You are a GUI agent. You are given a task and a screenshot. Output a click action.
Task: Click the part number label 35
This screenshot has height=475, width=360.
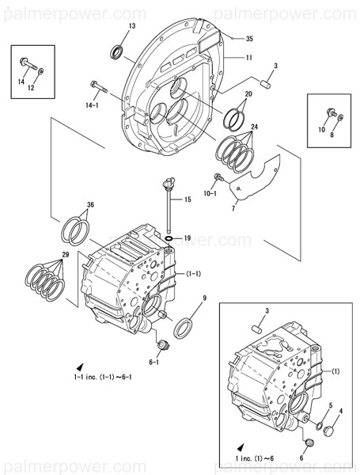click(249, 38)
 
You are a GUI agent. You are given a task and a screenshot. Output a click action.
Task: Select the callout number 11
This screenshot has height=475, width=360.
click(249, 58)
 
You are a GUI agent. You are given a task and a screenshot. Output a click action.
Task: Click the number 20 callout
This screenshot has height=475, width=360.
click(249, 94)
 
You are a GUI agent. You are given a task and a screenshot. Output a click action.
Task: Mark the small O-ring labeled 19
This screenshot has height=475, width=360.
click(169, 237)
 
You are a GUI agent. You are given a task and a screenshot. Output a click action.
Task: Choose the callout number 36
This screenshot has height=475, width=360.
click(90, 205)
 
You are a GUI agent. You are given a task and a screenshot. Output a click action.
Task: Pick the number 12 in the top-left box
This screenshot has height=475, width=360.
click(32, 88)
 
